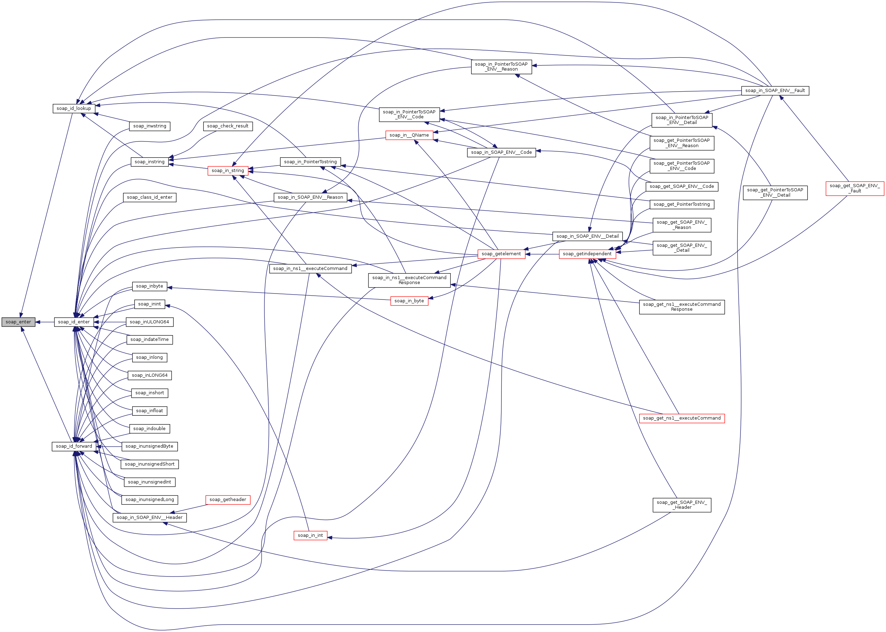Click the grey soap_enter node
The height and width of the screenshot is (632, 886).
pyautogui.click(x=18, y=322)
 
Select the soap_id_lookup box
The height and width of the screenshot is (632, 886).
pyautogui.click(x=73, y=108)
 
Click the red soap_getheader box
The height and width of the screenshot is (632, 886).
pyautogui.click(x=227, y=500)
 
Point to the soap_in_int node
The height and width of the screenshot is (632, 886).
pyautogui.click(x=310, y=535)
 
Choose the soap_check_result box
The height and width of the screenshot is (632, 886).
pyautogui.click(x=227, y=126)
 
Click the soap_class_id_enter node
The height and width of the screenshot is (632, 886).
pyautogui.click(x=150, y=197)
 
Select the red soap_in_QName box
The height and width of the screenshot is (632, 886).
pyautogui.click(x=409, y=135)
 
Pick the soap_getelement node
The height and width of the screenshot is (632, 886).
pyautogui.click(x=501, y=254)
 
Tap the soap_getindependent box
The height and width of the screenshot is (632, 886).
pyautogui.click(x=587, y=254)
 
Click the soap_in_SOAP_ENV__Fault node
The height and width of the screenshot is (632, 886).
pyautogui.click(x=775, y=91)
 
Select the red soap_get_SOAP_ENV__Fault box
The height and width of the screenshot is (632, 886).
pyautogui.click(x=855, y=188)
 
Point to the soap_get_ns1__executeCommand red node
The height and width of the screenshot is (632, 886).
pyautogui.click(x=681, y=419)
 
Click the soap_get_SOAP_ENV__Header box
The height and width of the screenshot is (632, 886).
pyautogui.click(x=682, y=505)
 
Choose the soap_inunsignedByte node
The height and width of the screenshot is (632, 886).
pyautogui.click(x=150, y=446)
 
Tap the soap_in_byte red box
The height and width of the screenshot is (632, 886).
pyautogui.click(x=409, y=301)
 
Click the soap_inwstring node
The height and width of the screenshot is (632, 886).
pyautogui.click(x=150, y=126)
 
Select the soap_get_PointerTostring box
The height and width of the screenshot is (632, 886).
pyautogui.click(x=681, y=204)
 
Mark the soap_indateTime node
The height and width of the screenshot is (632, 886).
pyautogui.click(x=150, y=340)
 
